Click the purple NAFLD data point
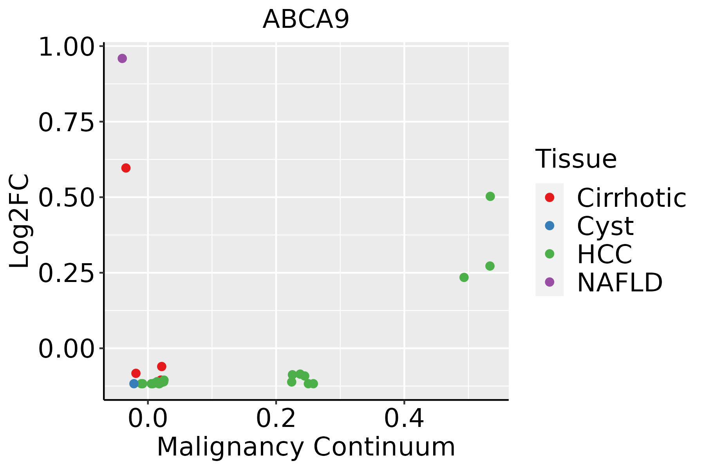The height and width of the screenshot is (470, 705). click(x=122, y=58)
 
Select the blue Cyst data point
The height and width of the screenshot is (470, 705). click(x=134, y=383)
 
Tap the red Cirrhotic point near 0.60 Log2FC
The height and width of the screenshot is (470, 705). click(x=126, y=168)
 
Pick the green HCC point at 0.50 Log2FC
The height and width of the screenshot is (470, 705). click(x=490, y=196)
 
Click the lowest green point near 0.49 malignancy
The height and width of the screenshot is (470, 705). click(x=464, y=277)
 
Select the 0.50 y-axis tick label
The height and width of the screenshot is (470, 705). click(x=67, y=198)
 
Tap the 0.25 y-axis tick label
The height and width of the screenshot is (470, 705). click(x=67, y=273)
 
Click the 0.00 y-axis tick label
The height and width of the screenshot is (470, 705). click(x=67, y=349)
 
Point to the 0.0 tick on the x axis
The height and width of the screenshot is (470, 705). click(x=148, y=419)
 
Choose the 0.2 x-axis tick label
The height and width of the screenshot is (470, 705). click(x=276, y=419)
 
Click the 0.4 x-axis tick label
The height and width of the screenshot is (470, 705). click(x=404, y=419)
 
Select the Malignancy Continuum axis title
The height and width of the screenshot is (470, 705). click(x=306, y=447)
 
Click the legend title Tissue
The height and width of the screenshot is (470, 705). click(x=576, y=159)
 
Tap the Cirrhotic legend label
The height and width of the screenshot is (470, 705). click(x=631, y=198)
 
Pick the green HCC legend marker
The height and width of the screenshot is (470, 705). click(x=550, y=254)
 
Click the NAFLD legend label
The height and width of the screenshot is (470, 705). click(x=620, y=282)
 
